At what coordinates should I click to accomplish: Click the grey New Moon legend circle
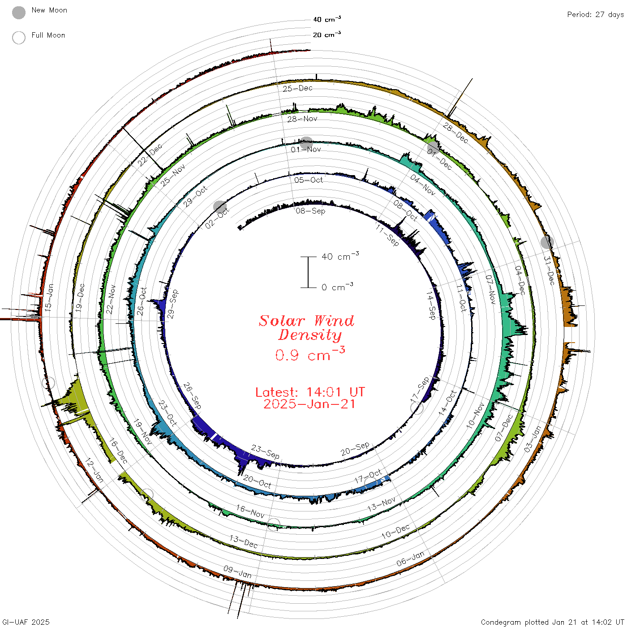(x=19, y=13)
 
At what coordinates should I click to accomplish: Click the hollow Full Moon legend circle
(x=19, y=38)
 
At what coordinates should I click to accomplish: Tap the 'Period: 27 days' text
(x=596, y=15)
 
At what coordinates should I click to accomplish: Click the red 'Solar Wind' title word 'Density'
(x=310, y=335)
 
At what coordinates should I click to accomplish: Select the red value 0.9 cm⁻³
(x=310, y=354)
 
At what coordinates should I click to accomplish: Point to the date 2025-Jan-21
(x=309, y=404)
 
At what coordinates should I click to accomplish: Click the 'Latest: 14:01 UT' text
(x=310, y=392)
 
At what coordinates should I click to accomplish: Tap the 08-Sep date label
(x=310, y=211)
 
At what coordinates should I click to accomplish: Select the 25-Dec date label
(x=297, y=89)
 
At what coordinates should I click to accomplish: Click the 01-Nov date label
(x=306, y=150)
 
